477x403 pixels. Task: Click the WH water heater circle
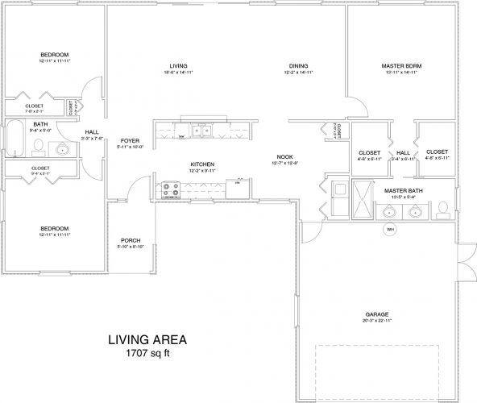coord(390,228)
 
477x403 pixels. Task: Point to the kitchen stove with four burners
coord(172,190)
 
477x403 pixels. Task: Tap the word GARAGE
coord(377,314)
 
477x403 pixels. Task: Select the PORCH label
coord(131,240)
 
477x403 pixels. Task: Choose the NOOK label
coord(284,157)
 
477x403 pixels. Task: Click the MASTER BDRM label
coord(401,65)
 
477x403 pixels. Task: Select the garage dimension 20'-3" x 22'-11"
coord(377,322)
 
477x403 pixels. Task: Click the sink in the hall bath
coord(62,147)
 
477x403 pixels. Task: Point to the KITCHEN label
coord(201,164)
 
